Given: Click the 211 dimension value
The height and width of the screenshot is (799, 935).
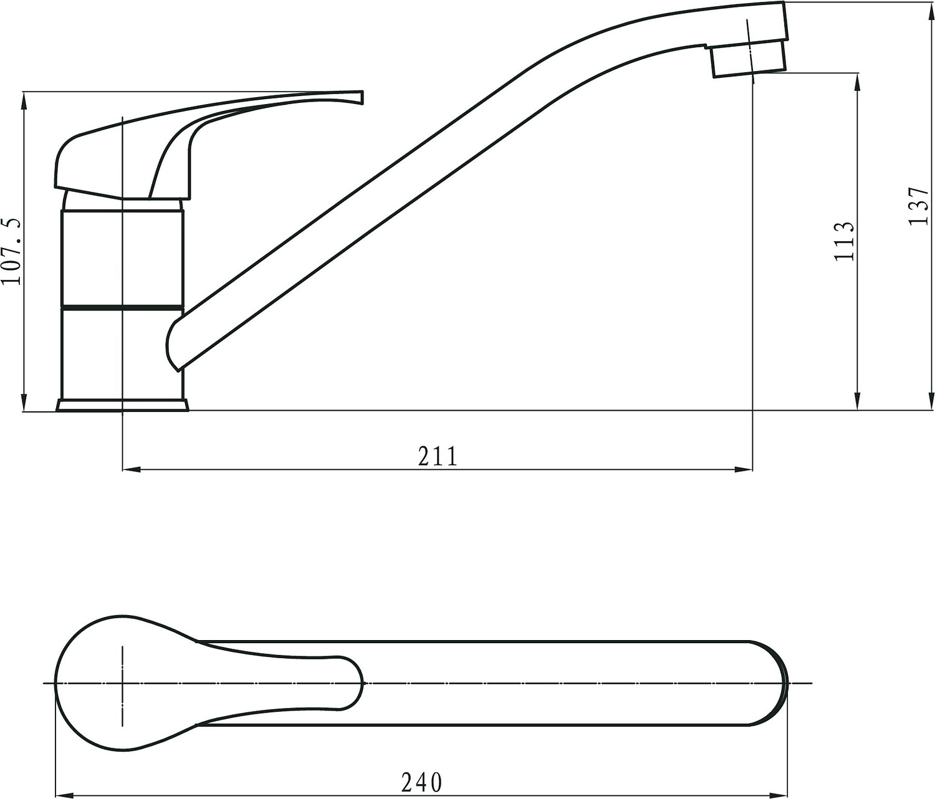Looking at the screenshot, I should [x=438, y=457].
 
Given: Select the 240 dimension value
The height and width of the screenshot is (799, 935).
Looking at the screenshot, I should [x=421, y=783].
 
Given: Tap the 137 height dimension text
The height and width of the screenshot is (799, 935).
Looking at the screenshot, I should [x=919, y=206].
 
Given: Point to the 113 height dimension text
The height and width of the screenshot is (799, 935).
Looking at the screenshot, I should [x=844, y=241].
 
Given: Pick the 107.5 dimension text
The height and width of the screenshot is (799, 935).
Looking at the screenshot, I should [x=12, y=251].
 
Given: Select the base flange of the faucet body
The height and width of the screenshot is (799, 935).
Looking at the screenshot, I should [x=122, y=405].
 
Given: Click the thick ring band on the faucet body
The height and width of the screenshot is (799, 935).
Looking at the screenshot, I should [x=122, y=307].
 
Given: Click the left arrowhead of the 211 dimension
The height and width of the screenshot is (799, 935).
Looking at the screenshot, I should [x=127, y=469].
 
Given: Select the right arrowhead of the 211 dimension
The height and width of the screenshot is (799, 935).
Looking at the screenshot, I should [x=748, y=469].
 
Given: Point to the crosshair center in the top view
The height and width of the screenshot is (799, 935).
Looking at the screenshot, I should [x=123, y=684].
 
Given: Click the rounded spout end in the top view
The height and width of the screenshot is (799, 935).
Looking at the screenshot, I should [x=779, y=683].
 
